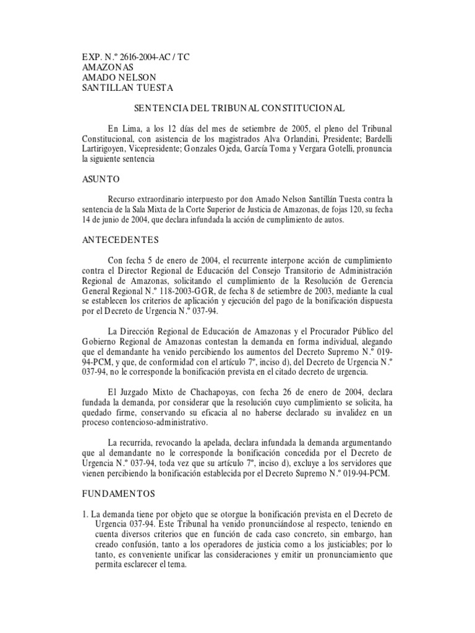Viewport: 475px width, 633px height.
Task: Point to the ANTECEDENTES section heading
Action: (x=121, y=239)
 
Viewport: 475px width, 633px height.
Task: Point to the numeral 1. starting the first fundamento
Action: (x=86, y=514)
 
